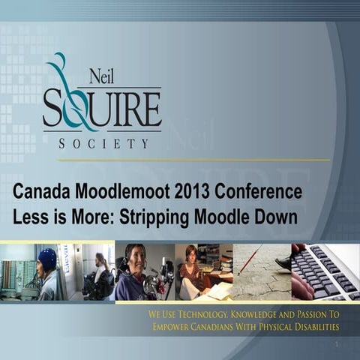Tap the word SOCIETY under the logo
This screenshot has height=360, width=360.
(x=103, y=142)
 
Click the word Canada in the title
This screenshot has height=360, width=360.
(x=43, y=192)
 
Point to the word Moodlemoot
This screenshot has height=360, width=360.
(x=123, y=192)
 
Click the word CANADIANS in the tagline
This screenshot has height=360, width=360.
(x=211, y=326)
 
